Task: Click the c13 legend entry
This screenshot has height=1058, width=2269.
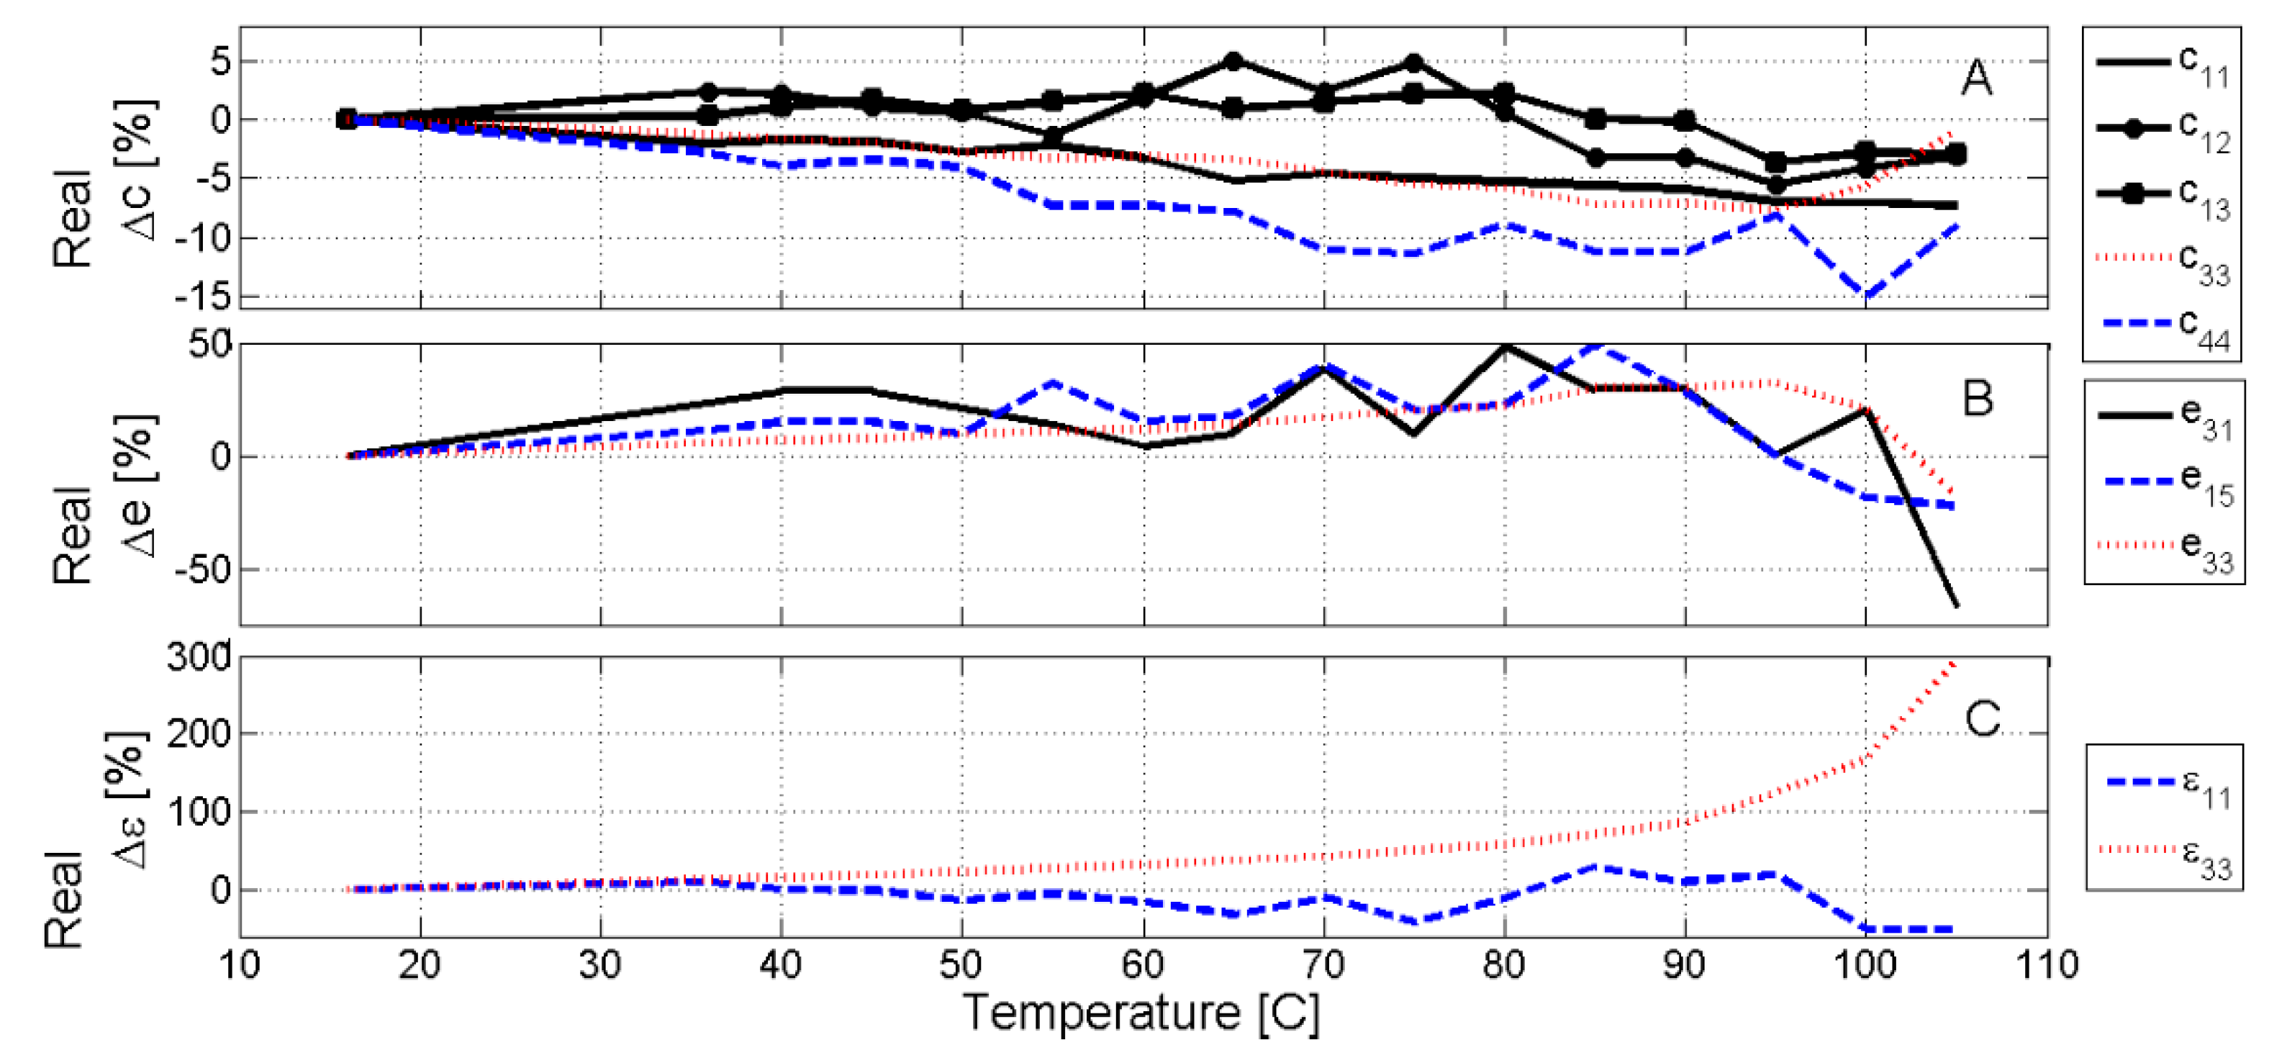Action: tap(2162, 196)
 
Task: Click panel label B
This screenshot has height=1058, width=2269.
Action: tap(1978, 398)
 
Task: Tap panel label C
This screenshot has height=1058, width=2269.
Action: tap(1982, 718)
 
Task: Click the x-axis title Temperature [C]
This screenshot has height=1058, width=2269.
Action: tap(1141, 1013)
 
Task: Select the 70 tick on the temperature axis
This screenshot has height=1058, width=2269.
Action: tap(1323, 965)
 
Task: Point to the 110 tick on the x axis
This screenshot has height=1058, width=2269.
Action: tap(2045, 965)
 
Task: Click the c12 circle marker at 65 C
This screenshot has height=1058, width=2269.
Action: tap(1233, 60)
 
